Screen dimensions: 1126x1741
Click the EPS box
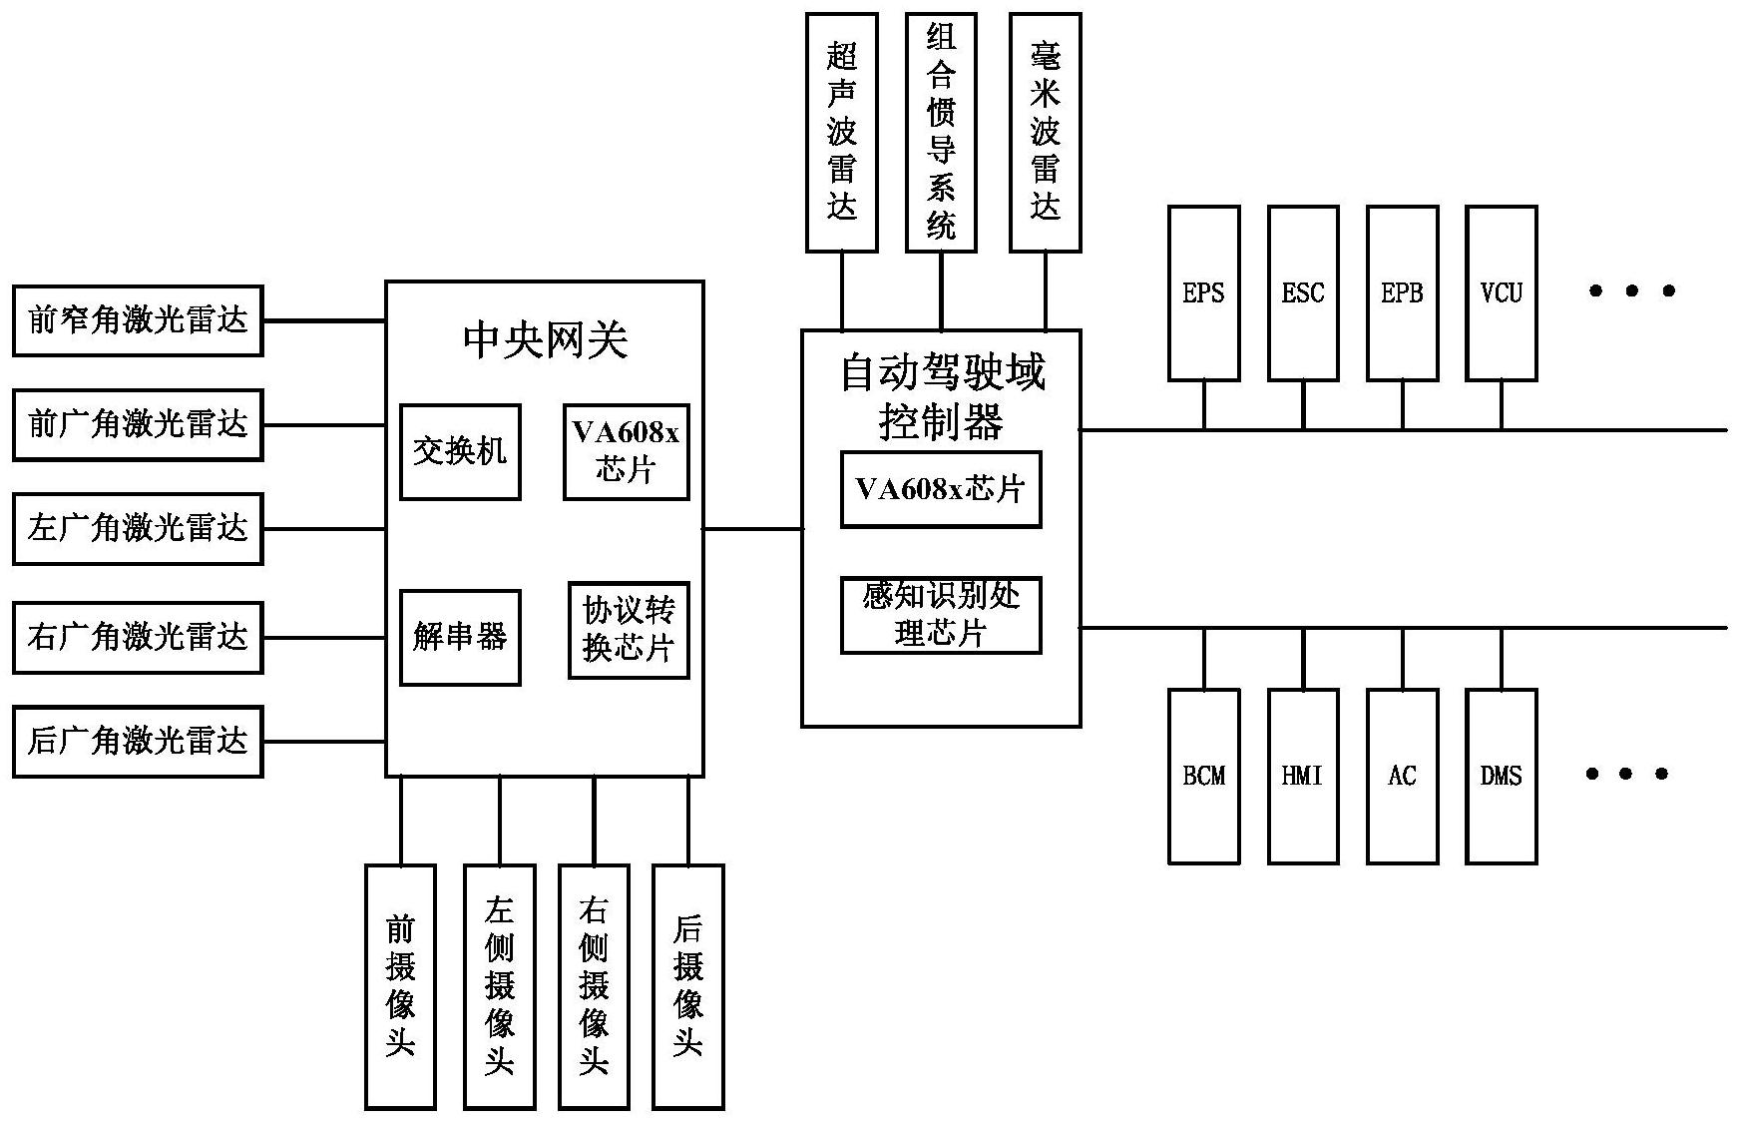point(1203,293)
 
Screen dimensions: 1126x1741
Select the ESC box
point(1303,293)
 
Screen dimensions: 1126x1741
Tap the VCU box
point(1501,293)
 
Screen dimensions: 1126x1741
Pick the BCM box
point(1203,776)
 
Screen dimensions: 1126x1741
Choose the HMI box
point(1303,776)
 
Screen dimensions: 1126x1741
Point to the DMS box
point(1501,776)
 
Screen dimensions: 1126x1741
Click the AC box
point(1402,776)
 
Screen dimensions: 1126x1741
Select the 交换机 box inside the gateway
point(460,452)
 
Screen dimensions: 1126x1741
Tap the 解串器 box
point(460,638)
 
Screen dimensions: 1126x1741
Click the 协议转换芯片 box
point(629,630)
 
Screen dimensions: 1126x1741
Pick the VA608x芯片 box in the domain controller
point(941,489)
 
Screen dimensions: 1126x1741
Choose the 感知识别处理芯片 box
point(941,615)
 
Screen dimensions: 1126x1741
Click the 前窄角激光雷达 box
point(138,320)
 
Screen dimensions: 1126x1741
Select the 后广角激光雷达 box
point(138,742)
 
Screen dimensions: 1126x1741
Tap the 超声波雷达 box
point(841,132)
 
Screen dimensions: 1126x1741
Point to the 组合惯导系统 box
point(941,132)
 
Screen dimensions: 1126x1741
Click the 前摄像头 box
point(400,986)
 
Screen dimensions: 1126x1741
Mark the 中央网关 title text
point(545,340)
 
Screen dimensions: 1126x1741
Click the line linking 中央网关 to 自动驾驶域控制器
point(752,529)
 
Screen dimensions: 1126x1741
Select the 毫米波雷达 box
point(1045,132)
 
